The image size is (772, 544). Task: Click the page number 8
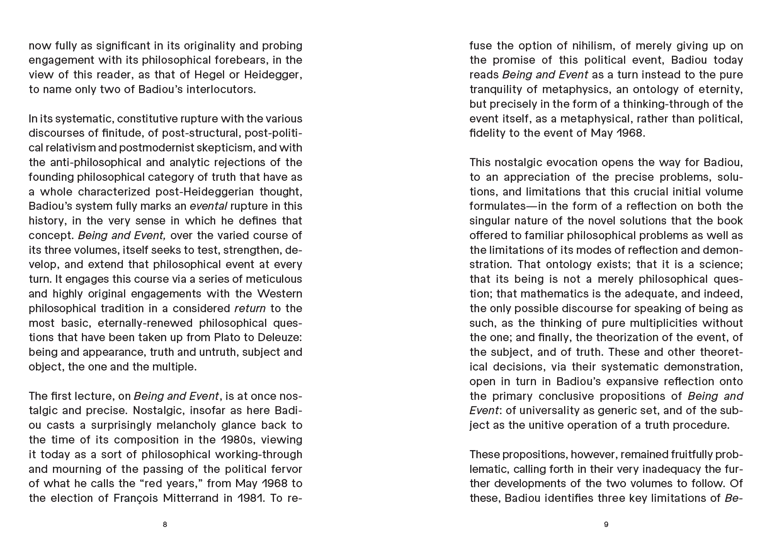pos(165,524)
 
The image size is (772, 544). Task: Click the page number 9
pos(606,524)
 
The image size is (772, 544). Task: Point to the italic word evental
pos(208,206)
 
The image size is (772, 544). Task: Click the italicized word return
pos(250,308)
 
